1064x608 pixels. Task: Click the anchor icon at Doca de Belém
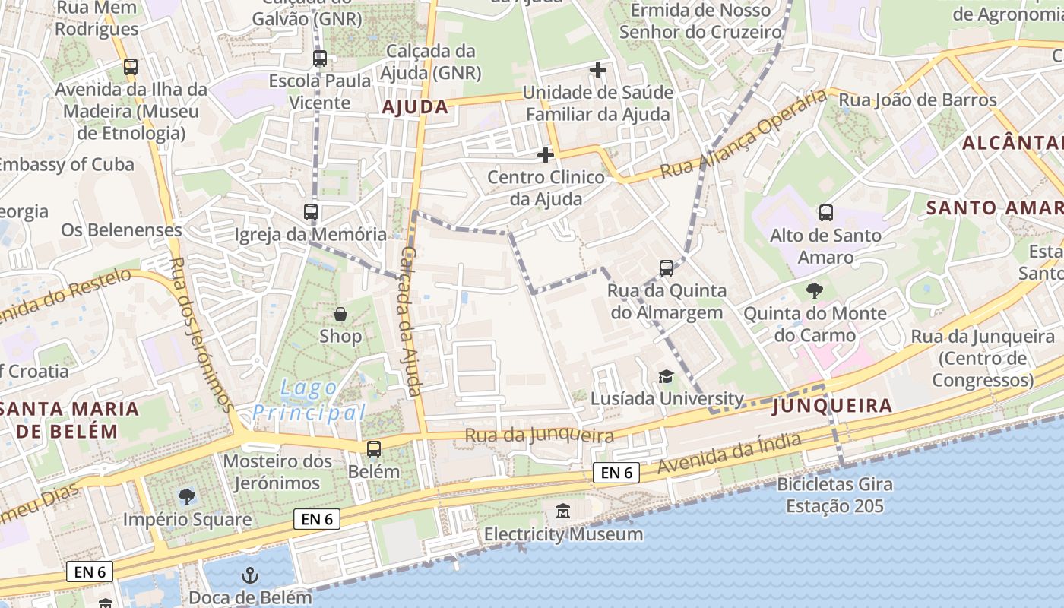pos(249,575)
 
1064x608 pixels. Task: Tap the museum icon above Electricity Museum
pos(563,511)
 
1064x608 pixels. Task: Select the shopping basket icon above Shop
pos(340,313)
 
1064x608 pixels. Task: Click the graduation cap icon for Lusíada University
pos(666,376)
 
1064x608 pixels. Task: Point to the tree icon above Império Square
pos(186,497)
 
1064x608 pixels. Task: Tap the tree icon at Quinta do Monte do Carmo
pos(814,290)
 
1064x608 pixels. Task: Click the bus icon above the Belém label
pos(374,448)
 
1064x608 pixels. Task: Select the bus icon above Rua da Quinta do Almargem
pos(666,268)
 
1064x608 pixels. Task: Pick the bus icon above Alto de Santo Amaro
pos(825,213)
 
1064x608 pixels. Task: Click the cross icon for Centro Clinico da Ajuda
pos(545,155)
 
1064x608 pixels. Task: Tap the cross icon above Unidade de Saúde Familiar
pos(598,70)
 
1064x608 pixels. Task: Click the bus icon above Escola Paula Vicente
pos(320,58)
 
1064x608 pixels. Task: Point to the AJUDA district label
pos(415,107)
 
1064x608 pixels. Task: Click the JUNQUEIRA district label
pos(832,406)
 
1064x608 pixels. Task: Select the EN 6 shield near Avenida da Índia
pos(616,473)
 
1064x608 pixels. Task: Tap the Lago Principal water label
pos(309,401)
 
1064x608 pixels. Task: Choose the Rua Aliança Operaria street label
pos(743,134)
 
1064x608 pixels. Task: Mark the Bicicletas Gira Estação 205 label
pos(834,495)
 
